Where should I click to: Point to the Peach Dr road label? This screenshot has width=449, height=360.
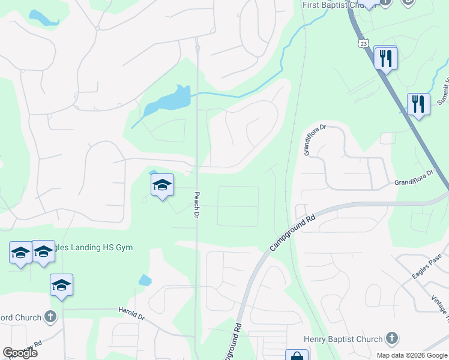(x=196, y=205)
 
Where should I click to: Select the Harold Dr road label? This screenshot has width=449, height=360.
(x=133, y=314)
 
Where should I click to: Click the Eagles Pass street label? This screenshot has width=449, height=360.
(x=427, y=266)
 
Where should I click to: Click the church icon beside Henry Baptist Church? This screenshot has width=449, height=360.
(x=392, y=339)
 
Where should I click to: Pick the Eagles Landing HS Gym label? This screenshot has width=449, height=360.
(x=90, y=247)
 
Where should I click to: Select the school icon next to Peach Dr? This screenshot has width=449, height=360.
(x=162, y=186)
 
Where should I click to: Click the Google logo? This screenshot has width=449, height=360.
(x=20, y=353)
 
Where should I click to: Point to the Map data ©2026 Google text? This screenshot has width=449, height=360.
(x=411, y=355)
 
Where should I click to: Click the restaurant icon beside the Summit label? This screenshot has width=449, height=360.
(x=418, y=104)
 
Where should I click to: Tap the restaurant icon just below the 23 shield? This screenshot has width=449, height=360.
(x=385, y=58)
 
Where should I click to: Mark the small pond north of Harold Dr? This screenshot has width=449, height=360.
(x=145, y=280)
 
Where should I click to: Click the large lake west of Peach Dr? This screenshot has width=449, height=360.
(x=165, y=101)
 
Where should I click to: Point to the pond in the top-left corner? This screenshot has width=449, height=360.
(x=42, y=17)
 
